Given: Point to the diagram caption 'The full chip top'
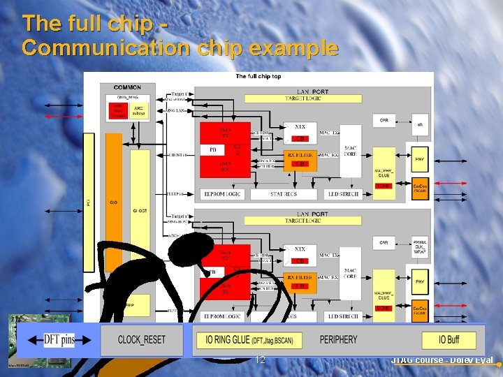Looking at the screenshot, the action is click(258, 76).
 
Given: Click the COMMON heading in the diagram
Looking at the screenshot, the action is click(127, 87).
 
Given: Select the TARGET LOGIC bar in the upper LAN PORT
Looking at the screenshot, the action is click(302, 99).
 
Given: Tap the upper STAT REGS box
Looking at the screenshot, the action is click(283, 193).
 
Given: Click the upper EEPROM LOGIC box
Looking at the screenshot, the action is click(221, 193).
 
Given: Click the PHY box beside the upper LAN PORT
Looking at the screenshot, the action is click(419, 160).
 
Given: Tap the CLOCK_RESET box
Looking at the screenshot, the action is click(142, 340).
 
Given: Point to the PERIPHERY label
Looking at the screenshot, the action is click(338, 340).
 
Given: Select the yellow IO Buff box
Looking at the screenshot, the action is click(449, 340).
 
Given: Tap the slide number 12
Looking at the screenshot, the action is click(260, 360).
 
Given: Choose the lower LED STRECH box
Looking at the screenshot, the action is click(342, 316).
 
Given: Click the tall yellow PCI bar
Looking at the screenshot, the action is click(88, 202).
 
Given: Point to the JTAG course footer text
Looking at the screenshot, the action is click(442, 360).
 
